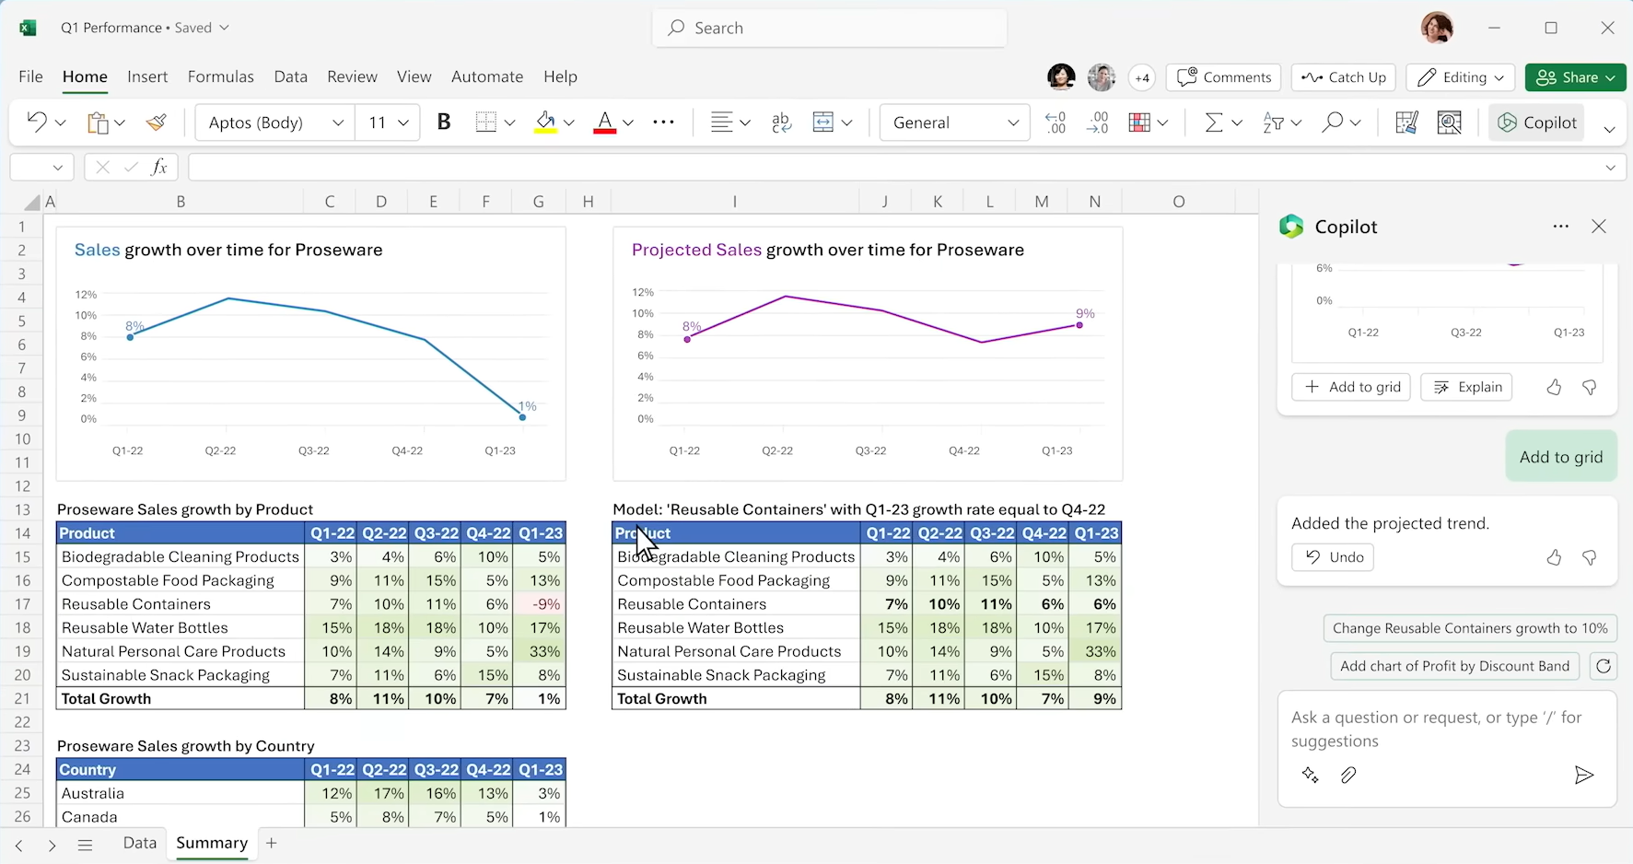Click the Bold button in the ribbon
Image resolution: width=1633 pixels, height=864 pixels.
point(444,123)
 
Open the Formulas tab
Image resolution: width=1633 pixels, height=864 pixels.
point(220,76)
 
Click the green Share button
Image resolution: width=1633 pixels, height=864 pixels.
point(1575,77)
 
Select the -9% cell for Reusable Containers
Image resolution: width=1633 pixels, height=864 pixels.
point(540,604)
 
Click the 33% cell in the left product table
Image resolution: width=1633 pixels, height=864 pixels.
point(540,651)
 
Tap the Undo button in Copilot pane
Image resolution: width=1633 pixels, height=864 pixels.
point(1333,557)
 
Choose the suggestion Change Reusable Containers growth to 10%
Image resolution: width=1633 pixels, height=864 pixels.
point(1469,628)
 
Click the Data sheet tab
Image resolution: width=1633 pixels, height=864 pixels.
point(140,843)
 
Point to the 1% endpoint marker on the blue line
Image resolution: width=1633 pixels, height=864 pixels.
point(522,417)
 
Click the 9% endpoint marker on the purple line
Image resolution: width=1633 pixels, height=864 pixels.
point(1079,325)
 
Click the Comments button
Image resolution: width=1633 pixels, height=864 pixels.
point(1224,77)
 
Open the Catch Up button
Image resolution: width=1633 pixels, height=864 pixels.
point(1344,77)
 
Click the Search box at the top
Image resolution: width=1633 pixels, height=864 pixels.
point(829,28)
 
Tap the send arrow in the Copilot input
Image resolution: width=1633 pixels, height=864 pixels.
point(1583,776)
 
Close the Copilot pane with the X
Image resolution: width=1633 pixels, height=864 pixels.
point(1599,227)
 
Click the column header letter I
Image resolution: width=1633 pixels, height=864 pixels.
point(734,202)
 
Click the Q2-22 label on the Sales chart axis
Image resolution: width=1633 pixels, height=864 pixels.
point(221,450)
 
